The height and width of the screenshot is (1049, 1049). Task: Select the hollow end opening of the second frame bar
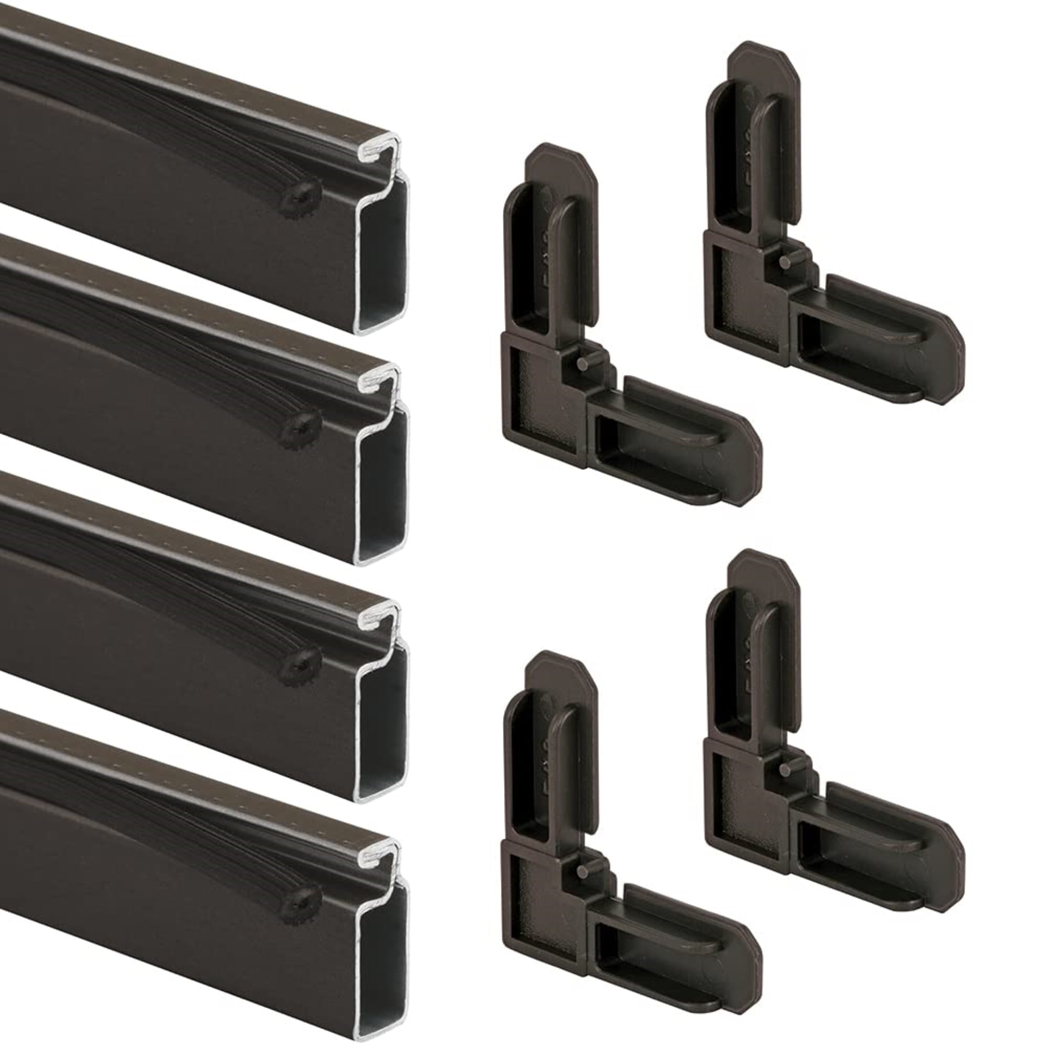pyautogui.click(x=382, y=483)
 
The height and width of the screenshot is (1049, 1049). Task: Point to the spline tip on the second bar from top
pyautogui.click(x=296, y=431)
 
